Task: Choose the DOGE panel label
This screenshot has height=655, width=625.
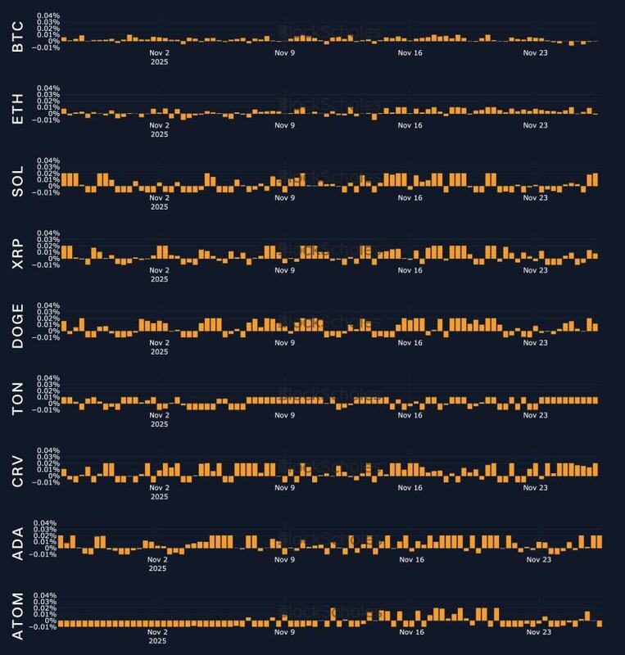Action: [19, 326]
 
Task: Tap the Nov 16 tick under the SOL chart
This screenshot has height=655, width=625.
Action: [410, 198]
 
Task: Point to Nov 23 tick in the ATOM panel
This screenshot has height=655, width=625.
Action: [535, 632]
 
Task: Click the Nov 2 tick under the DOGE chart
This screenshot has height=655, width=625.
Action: [159, 342]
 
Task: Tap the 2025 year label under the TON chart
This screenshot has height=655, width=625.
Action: [159, 424]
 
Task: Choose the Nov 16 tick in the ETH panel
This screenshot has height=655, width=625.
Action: [410, 125]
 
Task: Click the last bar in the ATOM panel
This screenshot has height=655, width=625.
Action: [600, 624]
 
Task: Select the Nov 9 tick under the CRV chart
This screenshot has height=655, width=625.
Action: [283, 488]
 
